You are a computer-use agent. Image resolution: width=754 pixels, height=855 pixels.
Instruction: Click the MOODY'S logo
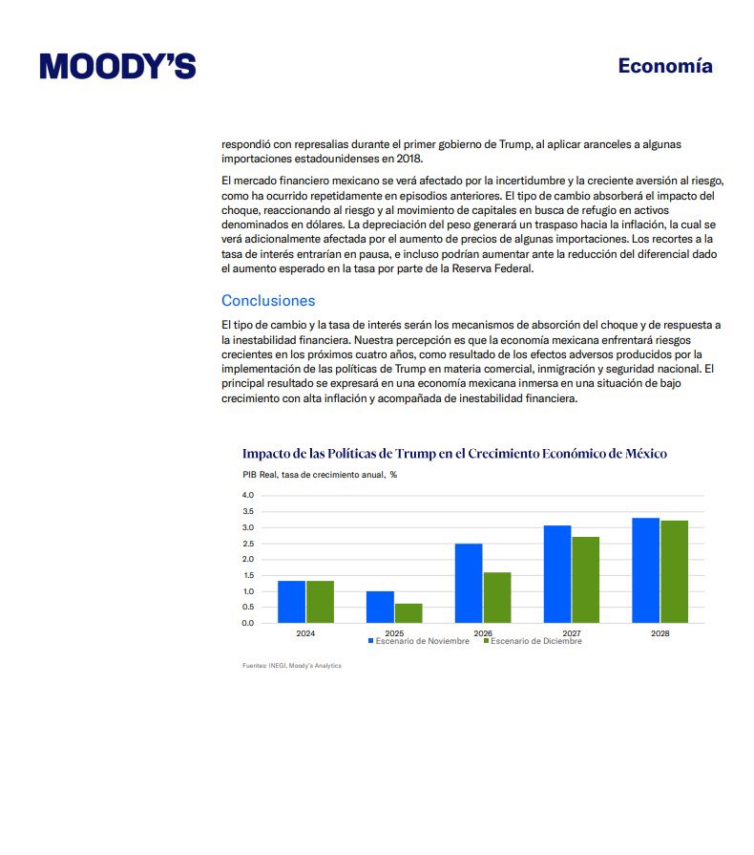[x=117, y=66]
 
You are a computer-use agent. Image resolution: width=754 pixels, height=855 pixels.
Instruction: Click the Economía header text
[x=664, y=66]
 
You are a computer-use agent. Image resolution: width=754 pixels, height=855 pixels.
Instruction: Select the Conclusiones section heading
[x=268, y=300]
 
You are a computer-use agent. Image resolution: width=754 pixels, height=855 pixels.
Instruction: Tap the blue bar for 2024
[x=291, y=602]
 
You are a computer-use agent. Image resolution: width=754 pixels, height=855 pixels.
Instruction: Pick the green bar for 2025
[x=408, y=612]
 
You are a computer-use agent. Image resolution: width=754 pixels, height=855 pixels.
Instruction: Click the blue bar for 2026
[x=469, y=583]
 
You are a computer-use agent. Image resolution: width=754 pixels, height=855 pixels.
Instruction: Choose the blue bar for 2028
[x=646, y=570]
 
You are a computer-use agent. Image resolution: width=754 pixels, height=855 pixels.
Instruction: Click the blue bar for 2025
[x=380, y=607]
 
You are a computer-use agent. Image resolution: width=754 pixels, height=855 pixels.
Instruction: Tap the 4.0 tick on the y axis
[x=248, y=495]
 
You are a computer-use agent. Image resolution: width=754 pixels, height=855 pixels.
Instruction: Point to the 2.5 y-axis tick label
[x=248, y=544]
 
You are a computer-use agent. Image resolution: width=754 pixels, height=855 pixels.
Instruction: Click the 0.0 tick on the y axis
[x=248, y=623]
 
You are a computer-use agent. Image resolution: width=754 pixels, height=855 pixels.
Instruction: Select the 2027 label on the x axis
[x=572, y=632]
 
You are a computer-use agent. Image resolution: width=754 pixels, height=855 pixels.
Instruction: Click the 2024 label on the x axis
[x=305, y=632]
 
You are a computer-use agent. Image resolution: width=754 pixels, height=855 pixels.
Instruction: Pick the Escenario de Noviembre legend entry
[x=419, y=641]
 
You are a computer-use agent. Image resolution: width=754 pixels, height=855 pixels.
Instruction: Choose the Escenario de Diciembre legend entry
[x=532, y=641]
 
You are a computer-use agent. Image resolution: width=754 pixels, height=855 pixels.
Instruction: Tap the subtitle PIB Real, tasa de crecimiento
[x=319, y=475]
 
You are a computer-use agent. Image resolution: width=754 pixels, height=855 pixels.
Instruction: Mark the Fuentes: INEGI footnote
[x=291, y=666]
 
